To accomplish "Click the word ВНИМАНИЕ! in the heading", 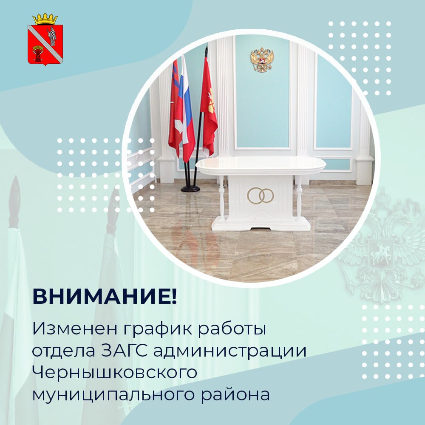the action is pos(105,297).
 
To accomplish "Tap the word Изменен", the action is pos(75,328).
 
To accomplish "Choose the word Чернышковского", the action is pos(115,373).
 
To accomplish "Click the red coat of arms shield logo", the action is pos(45,45).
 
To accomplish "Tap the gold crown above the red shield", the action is pos(45,19).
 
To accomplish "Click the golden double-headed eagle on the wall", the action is pos(262,59).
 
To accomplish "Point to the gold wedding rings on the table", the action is pos(260,195).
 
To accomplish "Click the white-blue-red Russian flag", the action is pos(187,108).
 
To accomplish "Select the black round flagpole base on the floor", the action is pos(190,189).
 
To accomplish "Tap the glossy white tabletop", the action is pos(261,165).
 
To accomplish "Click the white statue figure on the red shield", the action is pos(51,37).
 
